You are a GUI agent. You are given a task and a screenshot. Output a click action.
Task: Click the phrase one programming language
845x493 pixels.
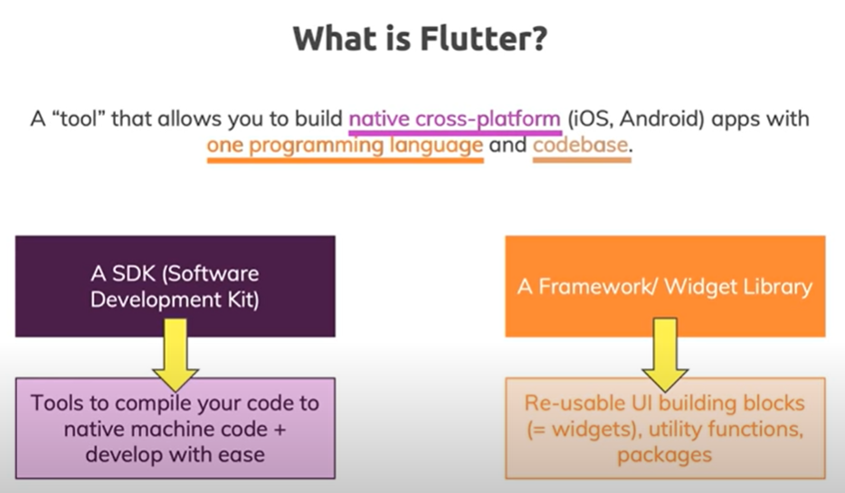point(345,146)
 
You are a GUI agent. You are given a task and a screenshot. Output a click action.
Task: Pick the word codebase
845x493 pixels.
point(580,146)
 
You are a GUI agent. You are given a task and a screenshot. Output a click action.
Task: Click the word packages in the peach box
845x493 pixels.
point(664,453)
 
